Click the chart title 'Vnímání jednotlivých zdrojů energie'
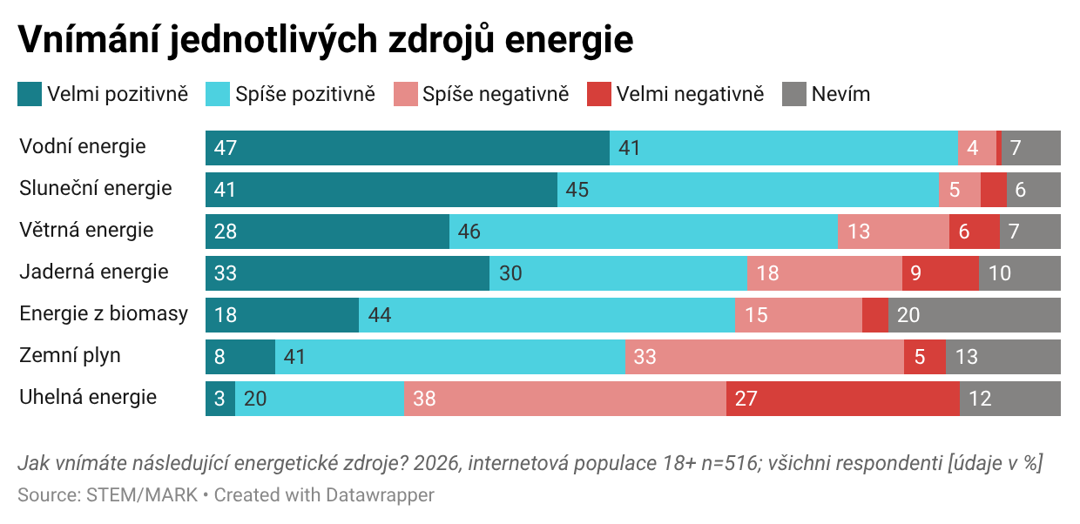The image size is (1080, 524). pos(325,39)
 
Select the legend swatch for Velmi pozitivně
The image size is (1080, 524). pos(30,94)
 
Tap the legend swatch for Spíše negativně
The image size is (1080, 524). pos(406,94)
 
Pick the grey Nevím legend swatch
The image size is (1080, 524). pos(794,94)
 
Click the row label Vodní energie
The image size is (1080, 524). pos(83,146)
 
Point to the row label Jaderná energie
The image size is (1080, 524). pos(94,272)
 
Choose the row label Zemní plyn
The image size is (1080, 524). pos(71,355)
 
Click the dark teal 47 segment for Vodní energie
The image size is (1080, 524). pos(407,148)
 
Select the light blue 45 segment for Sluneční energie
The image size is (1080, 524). pos(747,190)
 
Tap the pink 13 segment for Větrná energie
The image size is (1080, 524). pos(893,232)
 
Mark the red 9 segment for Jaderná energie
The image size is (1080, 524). pos(940,273)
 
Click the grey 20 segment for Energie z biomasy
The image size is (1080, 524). pos(974,315)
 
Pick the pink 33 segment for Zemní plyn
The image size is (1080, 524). pos(764,357)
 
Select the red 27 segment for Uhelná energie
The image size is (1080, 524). pos(842,399)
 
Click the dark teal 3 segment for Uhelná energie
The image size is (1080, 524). pos(220,399)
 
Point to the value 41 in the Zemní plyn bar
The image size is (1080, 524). pos(295,357)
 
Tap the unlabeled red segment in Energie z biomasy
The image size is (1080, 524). pos(874,315)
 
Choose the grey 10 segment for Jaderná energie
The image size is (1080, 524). pos(1019,273)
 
